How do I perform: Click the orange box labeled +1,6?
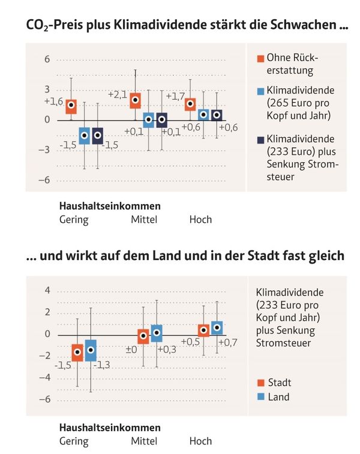(x=71, y=106)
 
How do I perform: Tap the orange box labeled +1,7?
(x=190, y=104)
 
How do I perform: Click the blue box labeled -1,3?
(x=91, y=350)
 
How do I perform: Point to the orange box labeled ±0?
(x=143, y=336)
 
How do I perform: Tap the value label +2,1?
(x=118, y=94)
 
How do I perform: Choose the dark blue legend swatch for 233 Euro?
(x=260, y=139)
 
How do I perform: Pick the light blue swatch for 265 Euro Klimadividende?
(x=260, y=91)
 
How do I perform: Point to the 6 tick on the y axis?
(x=46, y=59)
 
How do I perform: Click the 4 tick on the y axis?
(x=46, y=291)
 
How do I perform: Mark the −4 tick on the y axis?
(x=44, y=378)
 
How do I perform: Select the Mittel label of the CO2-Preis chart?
(x=144, y=219)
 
